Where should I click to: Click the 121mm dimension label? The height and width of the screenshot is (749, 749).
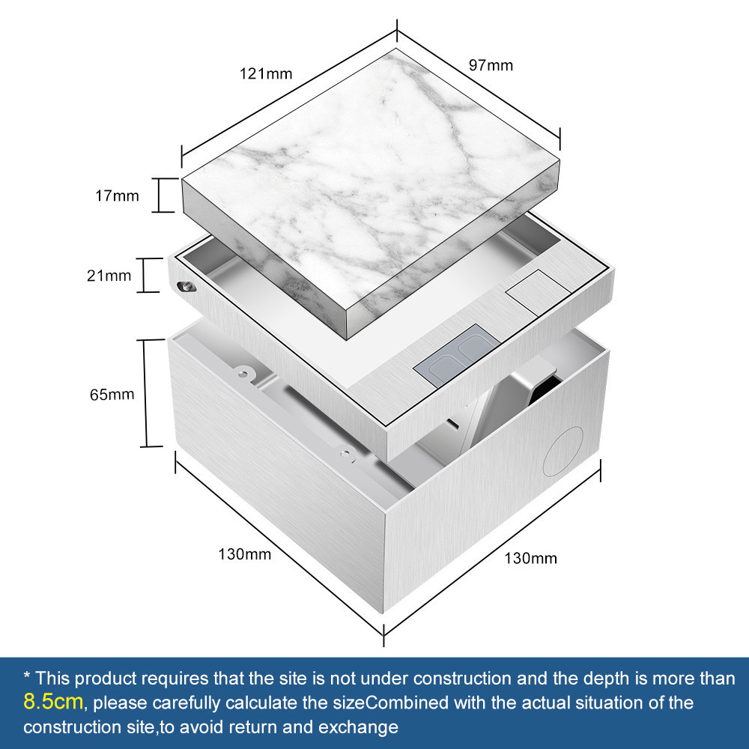point(266,73)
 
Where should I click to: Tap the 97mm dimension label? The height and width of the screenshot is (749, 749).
point(491,65)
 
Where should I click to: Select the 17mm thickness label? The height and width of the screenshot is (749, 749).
point(117,195)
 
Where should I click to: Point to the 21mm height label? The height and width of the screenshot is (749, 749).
point(109,275)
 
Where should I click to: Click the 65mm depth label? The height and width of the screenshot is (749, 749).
point(112,394)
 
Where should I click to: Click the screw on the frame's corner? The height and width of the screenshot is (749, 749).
point(185,287)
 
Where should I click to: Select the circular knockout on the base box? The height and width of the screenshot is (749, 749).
point(563,451)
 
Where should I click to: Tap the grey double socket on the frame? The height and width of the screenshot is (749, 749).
point(457,355)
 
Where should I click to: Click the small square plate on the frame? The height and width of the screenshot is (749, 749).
point(539,292)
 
